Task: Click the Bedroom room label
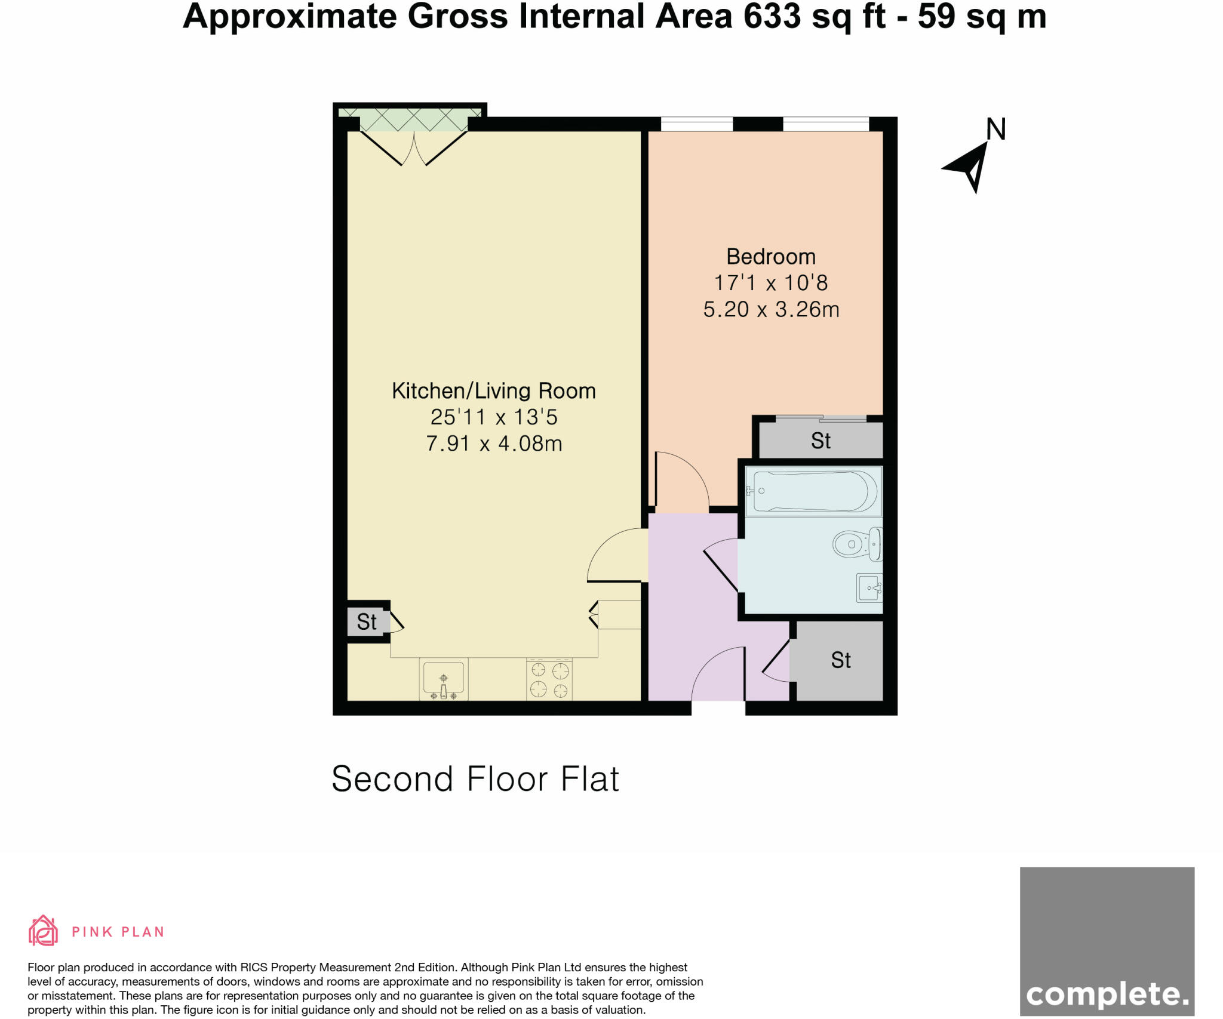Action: pos(770,257)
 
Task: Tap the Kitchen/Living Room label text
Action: pos(493,391)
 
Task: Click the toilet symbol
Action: pos(857,544)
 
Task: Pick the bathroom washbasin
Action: pos(869,588)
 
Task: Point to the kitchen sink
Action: pos(443,679)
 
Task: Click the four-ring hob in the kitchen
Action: pos(549,680)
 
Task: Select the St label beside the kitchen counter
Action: pos(367,622)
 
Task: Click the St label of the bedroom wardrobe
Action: pos(821,441)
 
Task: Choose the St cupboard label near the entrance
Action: pos(840,660)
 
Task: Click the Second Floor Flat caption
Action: pos(475,779)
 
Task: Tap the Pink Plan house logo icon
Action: pos(43,931)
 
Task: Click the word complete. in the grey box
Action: pos(1107,977)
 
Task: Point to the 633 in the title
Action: pos(772,17)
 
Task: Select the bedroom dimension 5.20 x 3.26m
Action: pos(770,309)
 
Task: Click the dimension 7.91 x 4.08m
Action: pos(493,444)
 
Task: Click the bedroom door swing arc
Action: pos(687,478)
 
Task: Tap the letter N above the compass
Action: pos(995,130)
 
